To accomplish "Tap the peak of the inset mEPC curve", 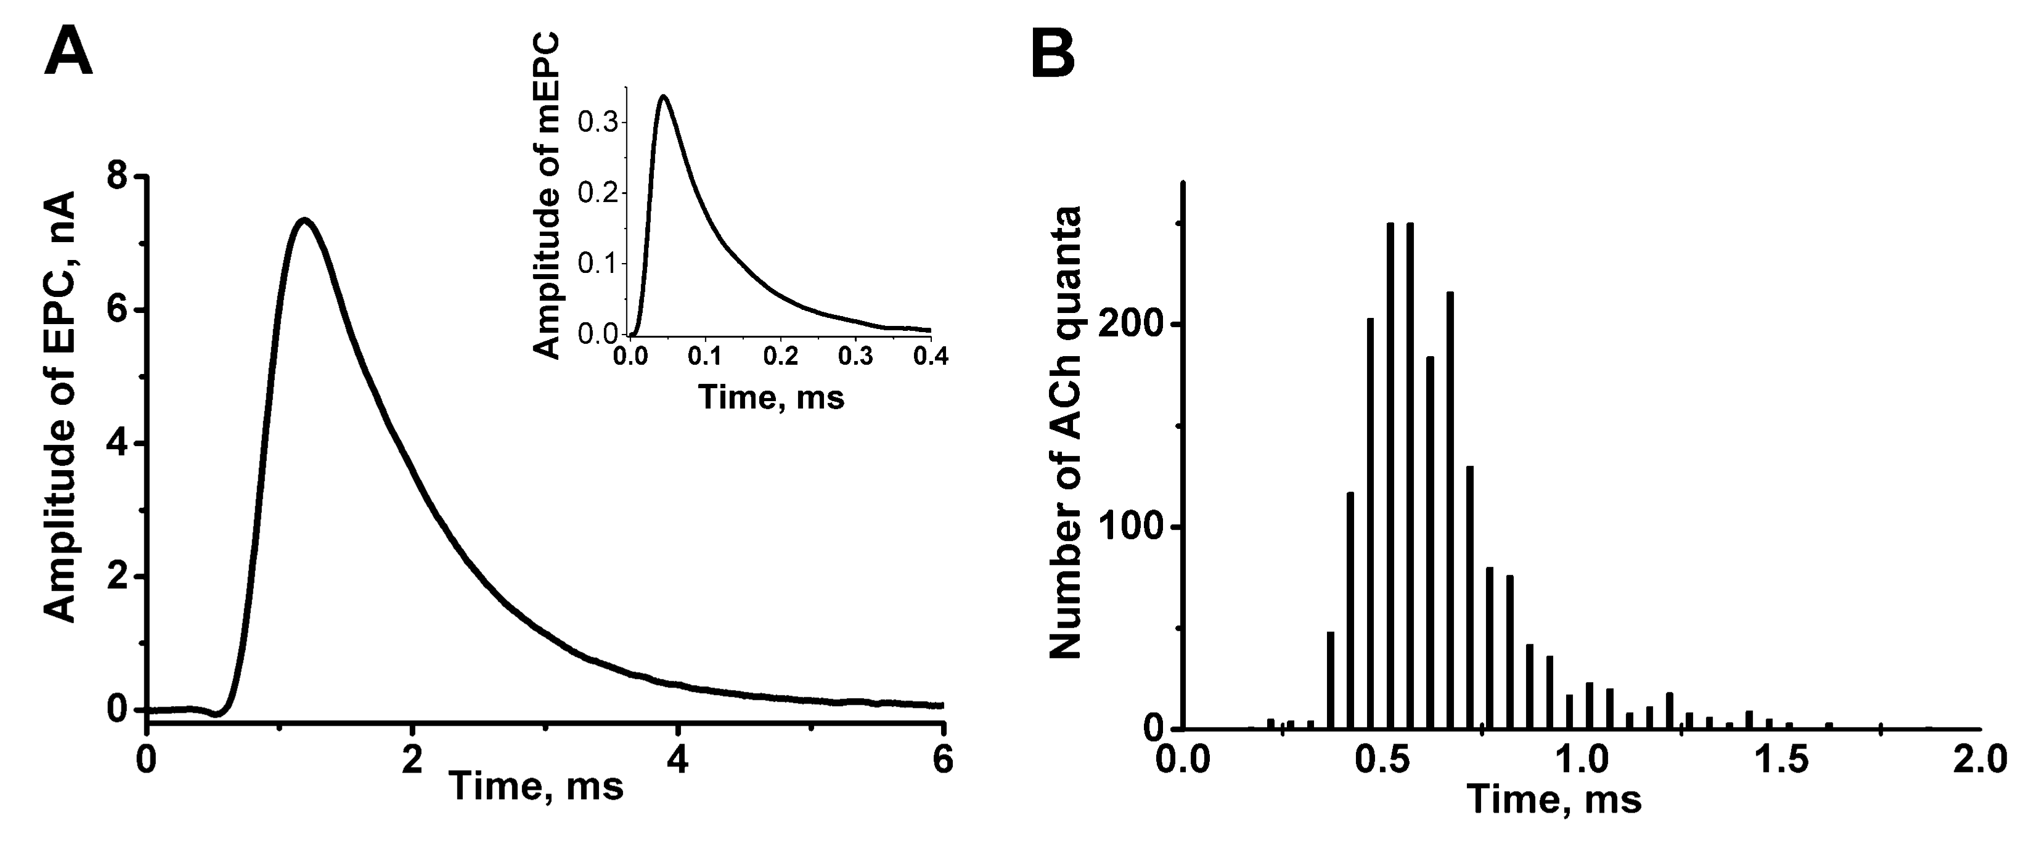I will click(x=663, y=97).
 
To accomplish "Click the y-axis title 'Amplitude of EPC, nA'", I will click(x=59, y=406).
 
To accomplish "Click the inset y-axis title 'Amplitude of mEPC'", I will click(x=546, y=196).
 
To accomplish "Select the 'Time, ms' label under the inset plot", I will click(x=772, y=396).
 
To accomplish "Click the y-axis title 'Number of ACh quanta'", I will click(x=1065, y=433).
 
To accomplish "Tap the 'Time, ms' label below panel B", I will click(x=1554, y=799).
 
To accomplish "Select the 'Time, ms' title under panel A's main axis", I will click(x=536, y=787).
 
